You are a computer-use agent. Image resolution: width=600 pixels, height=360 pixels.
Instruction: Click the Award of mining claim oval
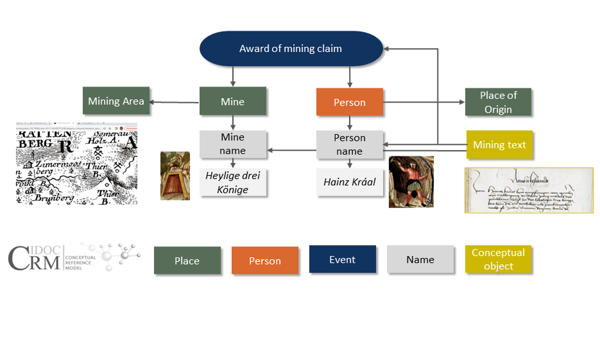coord(291,48)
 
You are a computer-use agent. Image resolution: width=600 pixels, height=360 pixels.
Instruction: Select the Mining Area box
coord(116,101)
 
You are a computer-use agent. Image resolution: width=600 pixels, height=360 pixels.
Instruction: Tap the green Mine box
coord(232,101)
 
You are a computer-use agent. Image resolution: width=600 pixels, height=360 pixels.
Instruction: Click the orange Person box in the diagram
coord(349,102)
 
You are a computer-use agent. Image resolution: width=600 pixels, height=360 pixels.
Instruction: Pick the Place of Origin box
coord(498,102)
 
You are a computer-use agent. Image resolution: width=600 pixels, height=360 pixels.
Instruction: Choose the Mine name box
coord(232,144)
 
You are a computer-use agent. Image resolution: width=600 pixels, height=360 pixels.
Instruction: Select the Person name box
coord(349,144)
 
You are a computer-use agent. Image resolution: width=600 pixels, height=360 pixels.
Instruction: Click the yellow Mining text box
coord(499,145)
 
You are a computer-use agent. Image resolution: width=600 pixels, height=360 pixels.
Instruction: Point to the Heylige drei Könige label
coord(232,182)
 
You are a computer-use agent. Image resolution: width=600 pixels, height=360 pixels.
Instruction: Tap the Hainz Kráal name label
coord(349,182)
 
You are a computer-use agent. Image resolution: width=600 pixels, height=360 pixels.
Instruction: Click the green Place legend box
coord(187,260)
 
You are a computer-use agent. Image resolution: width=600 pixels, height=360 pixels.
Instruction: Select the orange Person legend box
coord(265,260)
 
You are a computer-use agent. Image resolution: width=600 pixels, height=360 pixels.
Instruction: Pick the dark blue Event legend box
coord(342,259)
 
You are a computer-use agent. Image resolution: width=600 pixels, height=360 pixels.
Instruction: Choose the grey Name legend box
coord(420,259)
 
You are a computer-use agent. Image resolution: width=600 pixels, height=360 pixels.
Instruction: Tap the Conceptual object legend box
coord(498,259)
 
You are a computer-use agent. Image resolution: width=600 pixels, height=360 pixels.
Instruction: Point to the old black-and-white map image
coord(76,163)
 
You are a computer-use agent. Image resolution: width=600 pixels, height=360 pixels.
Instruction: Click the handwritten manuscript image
coord(529,190)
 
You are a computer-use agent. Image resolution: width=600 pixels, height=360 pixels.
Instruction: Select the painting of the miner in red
coord(411,181)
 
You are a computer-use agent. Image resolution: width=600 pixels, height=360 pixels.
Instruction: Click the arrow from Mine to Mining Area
coord(175,102)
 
